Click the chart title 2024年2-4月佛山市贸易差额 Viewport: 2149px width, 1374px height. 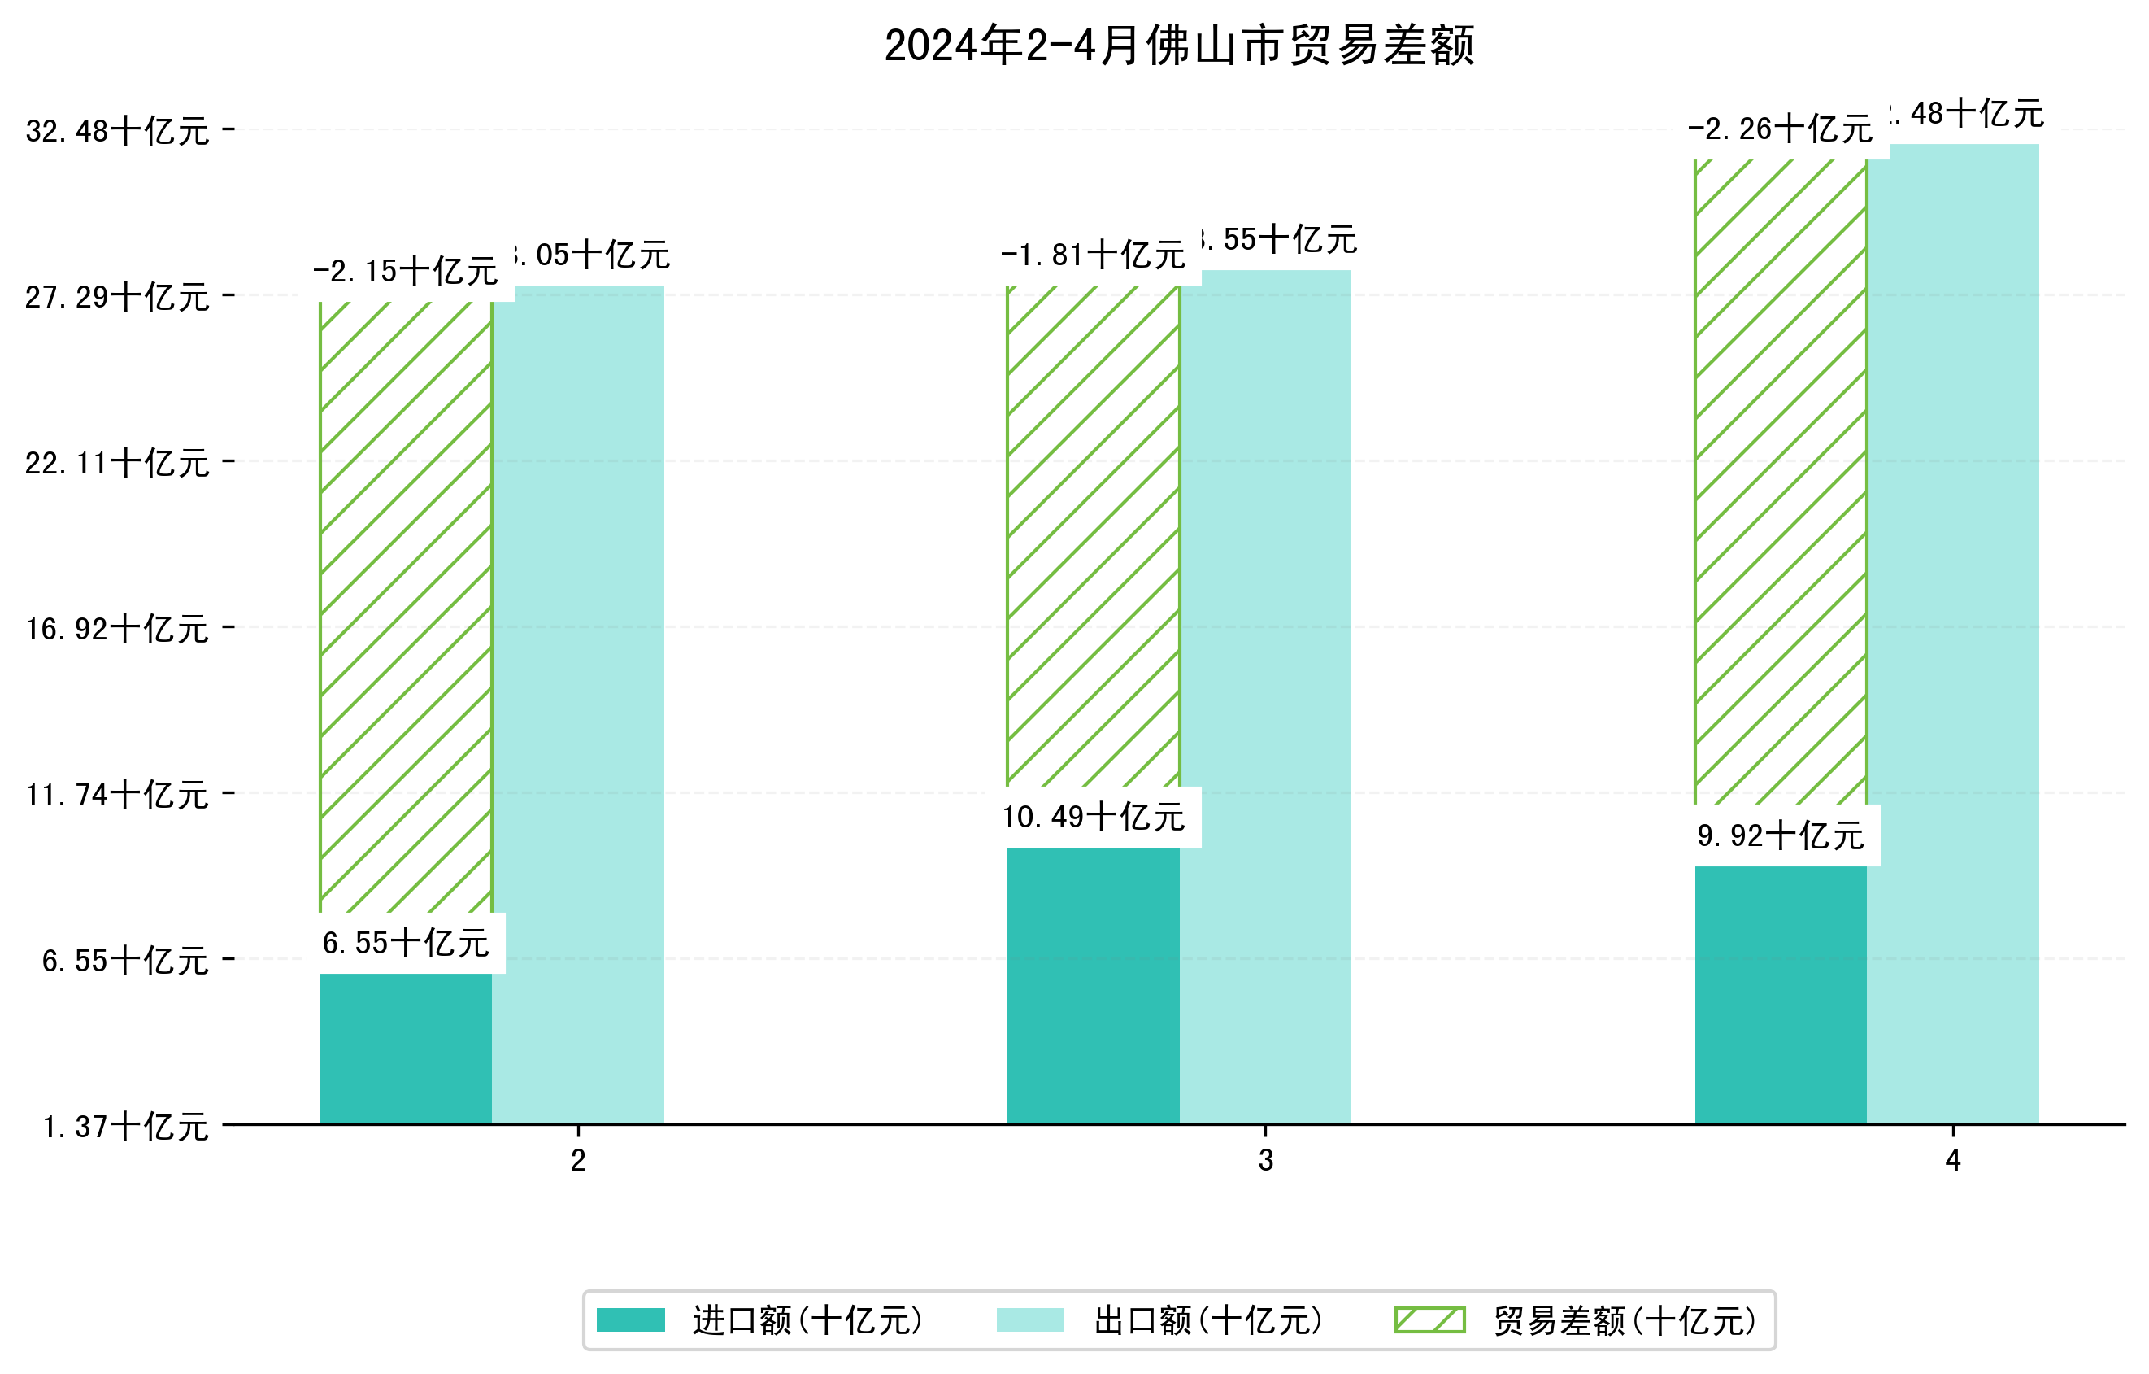point(1178,46)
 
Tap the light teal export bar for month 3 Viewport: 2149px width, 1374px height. point(1264,696)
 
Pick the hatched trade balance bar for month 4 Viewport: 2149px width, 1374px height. point(1780,482)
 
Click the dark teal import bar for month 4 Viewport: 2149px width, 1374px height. point(1780,995)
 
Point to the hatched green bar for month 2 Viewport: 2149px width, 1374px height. point(405,607)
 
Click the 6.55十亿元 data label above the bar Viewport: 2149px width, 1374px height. point(405,944)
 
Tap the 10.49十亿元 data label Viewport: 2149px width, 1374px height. point(1094,817)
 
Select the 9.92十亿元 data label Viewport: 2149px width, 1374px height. point(1781,835)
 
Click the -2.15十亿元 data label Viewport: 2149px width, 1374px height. point(405,272)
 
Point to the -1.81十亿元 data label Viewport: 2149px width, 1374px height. point(1094,255)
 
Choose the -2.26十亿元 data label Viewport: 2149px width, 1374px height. point(1780,129)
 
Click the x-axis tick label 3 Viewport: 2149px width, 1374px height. point(1265,1161)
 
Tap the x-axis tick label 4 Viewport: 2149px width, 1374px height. point(1953,1161)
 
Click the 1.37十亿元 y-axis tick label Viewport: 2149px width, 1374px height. point(126,1127)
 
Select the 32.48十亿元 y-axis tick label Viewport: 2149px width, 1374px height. point(117,131)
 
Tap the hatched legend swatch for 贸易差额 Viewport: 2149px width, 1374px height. point(1429,1319)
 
